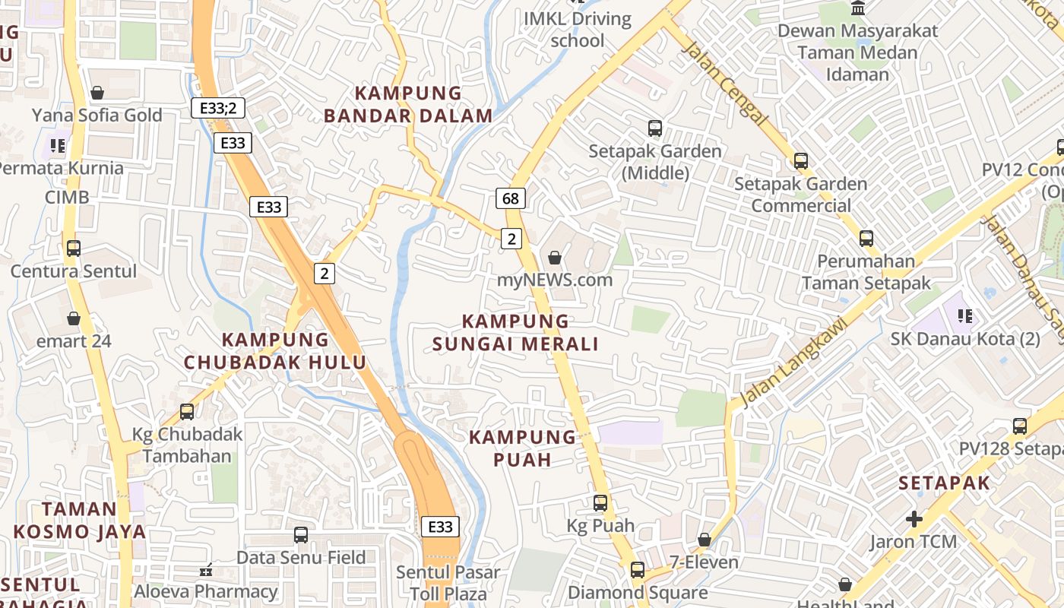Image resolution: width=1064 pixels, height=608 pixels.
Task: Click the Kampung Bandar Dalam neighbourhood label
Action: (408, 104)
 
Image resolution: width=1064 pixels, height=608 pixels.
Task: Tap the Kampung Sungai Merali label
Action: (516, 333)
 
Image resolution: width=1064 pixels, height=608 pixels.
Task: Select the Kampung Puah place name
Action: (522, 448)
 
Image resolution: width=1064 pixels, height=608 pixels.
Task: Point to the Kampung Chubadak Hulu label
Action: (275, 350)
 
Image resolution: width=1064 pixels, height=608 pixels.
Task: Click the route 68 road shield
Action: (511, 199)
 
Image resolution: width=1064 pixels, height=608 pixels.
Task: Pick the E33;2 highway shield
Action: (217, 108)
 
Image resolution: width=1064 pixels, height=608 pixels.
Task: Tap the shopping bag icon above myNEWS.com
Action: (555, 258)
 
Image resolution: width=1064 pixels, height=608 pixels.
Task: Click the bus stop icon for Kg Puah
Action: (600, 503)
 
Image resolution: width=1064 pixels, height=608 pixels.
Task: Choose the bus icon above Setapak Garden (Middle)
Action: (654, 128)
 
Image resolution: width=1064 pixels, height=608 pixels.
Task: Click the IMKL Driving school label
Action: (578, 30)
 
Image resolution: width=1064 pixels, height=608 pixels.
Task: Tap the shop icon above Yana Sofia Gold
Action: (97, 93)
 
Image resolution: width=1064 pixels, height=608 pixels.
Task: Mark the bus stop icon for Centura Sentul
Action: (74, 249)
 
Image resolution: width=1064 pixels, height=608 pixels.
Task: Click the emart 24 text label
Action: (74, 340)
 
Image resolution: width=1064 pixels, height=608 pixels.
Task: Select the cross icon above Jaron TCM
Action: (914, 519)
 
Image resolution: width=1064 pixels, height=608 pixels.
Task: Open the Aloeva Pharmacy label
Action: (206, 591)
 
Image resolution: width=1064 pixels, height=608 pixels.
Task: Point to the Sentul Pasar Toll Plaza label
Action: (448, 582)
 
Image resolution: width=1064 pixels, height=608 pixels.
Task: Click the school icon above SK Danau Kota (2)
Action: (965, 315)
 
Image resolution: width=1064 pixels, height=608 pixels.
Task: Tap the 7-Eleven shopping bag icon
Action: (705, 540)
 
